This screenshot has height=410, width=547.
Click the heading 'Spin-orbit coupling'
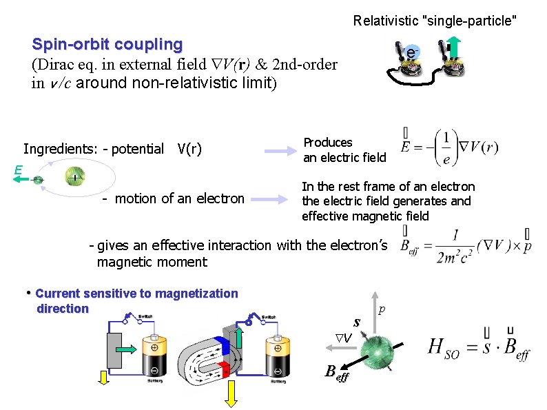107,45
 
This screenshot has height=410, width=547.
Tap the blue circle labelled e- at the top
411,52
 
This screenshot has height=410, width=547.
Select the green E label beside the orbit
17,169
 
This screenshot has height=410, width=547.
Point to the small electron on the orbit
39,180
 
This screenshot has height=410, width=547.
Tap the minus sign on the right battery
278,369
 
